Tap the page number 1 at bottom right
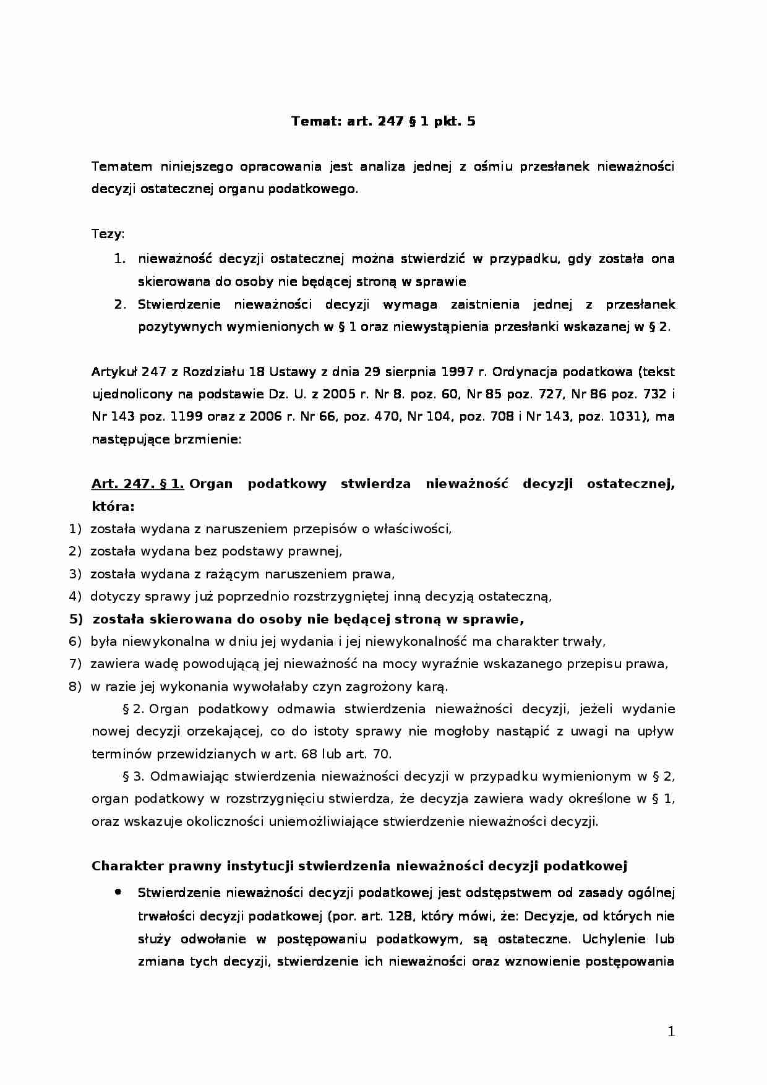click(672, 1031)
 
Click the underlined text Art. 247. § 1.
click(137, 484)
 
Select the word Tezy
click(108, 234)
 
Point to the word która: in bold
click(113, 506)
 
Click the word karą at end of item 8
click(433, 686)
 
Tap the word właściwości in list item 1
click(415, 529)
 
